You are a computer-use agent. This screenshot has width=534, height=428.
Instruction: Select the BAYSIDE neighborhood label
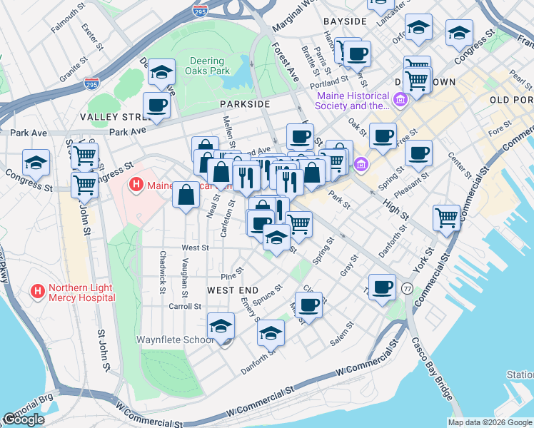point(344,21)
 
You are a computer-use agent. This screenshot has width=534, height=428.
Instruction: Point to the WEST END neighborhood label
point(233,290)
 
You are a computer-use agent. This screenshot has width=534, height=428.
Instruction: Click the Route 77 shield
point(407,288)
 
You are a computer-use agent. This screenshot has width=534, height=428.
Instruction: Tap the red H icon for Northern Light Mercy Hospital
point(38,291)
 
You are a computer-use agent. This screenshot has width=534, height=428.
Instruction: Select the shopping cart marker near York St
point(447,217)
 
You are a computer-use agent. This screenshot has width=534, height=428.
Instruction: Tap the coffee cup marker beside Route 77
point(382,287)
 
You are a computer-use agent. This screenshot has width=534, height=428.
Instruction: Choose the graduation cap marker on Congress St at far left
point(36,163)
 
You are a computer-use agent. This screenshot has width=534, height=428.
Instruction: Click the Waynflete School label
point(174,340)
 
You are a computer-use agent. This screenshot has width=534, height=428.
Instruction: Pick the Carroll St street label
point(184,306)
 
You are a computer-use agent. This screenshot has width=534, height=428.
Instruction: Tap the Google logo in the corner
point(23,419)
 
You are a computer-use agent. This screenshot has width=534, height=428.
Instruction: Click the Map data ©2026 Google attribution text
point(489,422)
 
